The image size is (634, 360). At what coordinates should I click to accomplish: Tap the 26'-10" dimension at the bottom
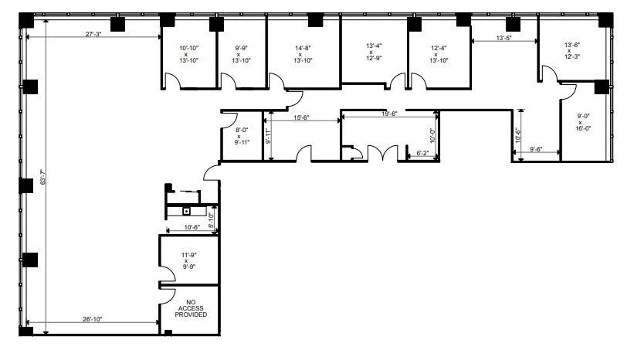90,318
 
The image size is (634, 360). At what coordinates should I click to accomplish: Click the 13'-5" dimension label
504,37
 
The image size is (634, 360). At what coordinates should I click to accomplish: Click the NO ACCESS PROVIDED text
191,309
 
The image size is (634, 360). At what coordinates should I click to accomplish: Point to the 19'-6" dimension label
389,114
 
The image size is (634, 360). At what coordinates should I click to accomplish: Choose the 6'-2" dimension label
422,153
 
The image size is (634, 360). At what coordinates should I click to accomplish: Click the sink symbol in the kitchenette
186,209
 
